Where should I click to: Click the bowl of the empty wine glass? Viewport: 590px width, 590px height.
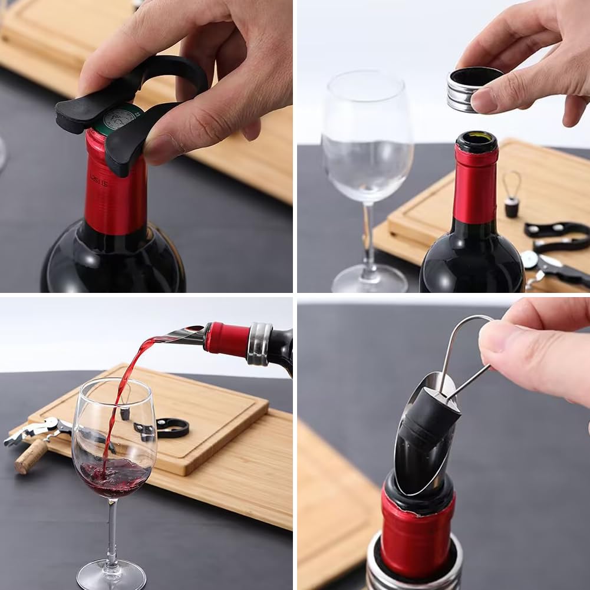[x=367, y=141]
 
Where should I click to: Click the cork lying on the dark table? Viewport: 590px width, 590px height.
[x=31, y=456]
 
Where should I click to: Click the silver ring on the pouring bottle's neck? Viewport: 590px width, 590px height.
[x=259, y=344]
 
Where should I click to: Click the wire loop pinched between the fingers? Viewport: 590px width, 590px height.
[x=460, y=348]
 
